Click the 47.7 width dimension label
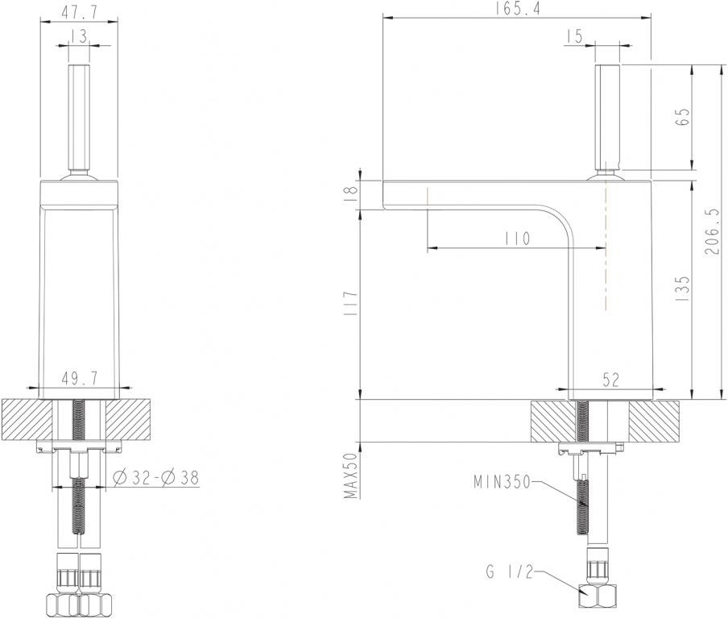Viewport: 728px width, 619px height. [x=80, y=12]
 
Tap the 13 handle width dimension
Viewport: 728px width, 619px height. [x=80, y=35]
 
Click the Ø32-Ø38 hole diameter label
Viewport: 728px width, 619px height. [x=156, y=477]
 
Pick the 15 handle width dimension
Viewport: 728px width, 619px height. [x=574, y=36]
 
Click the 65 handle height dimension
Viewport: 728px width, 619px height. [x=684, y=118]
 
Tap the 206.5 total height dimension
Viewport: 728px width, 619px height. [x=713, y=231]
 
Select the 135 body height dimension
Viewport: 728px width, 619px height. [x=683, y=289]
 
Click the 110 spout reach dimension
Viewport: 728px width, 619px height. [x=517, y=239]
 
